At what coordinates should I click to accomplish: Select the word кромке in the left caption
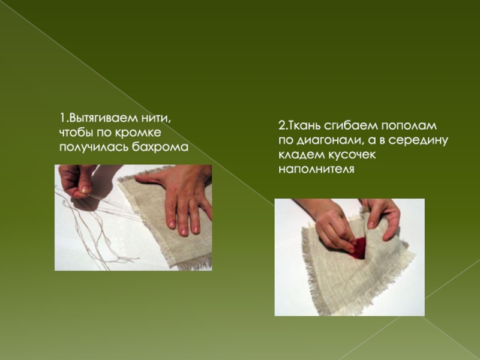coord(138,133)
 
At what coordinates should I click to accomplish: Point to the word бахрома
coord(160,147)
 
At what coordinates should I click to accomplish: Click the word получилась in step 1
coord(94,148)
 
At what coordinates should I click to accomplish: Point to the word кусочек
coord(352,155)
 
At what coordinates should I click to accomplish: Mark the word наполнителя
coord(316,169)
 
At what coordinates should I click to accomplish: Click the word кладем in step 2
coord(302,155)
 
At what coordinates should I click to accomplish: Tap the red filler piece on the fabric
coord(359,247)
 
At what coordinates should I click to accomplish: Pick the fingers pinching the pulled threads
coord(76,181)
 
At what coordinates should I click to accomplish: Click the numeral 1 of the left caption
coord(62,118)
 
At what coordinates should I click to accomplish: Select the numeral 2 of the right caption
coord(281,126)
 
